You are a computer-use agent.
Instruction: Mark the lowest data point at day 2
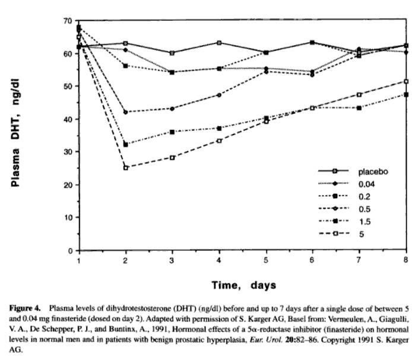[126, 168]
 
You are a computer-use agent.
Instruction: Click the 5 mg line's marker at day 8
[406, 81]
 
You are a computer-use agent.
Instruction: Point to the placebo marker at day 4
[220, 43]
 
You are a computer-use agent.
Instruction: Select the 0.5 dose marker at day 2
[126, 112]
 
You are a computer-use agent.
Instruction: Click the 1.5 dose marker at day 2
[126, 145]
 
